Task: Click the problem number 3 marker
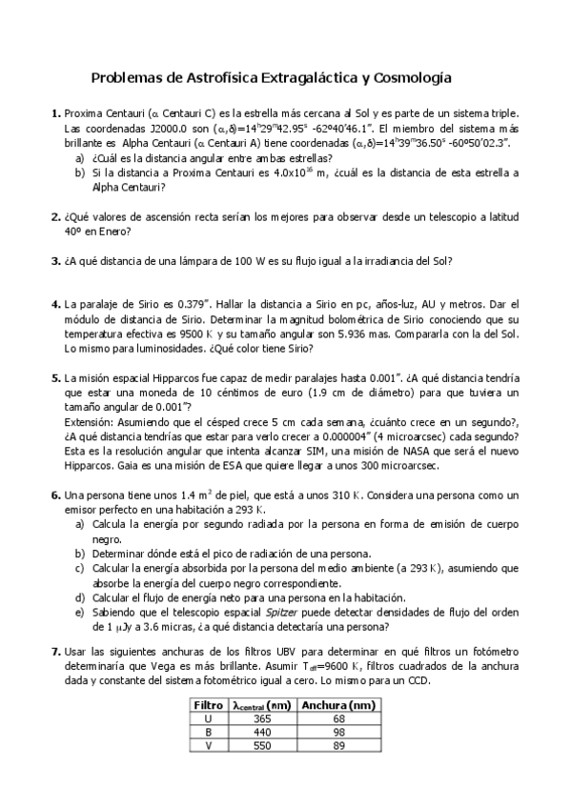pyautogui.click(x=55, y=260)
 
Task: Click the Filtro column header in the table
pyautogui.click(x=207, y=706)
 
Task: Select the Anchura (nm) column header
pyautogui.click(x=336, y=706)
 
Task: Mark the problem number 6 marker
pyautogui.click(x=55, y=495)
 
